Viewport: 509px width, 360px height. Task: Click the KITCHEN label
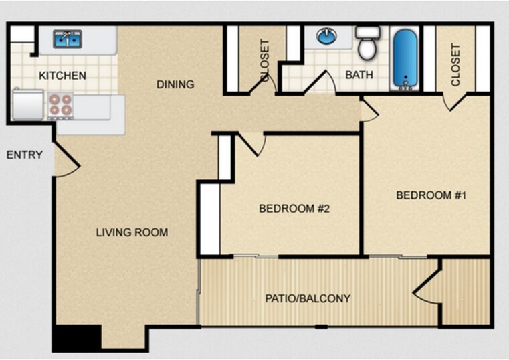coord(62,76)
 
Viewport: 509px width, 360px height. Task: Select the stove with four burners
coord(60,105)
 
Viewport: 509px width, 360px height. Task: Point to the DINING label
coord(175,84)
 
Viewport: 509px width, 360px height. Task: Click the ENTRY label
coord(25,155)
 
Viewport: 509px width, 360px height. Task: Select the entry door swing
coord(66,161)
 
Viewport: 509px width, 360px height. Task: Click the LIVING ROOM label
coord(132,233)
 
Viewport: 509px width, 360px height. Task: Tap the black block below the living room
coord(76,337)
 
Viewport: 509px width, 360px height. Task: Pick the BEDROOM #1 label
coord(430,195)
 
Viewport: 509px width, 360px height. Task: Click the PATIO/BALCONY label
coord(308,298)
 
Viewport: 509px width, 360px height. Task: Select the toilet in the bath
coord(366,44)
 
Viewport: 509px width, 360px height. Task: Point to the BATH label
coord(359,75)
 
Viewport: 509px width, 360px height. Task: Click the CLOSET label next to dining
coord(265,60)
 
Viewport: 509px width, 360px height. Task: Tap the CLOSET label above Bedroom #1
coord(455,65)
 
